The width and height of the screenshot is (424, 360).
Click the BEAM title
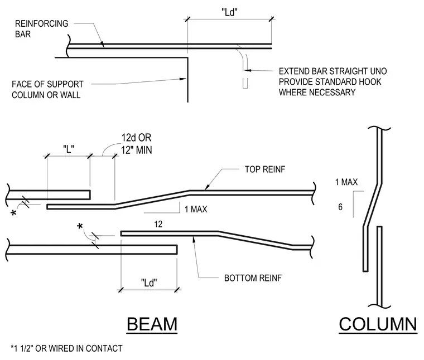click(152, 324)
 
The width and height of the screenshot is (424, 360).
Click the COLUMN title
click(378, 324)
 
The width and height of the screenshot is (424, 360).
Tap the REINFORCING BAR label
click(42, 29)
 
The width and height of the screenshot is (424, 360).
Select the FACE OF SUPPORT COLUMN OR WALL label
click(47, 89)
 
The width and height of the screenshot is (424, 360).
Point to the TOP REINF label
click(265, 169)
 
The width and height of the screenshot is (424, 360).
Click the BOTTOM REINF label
click(253, 278)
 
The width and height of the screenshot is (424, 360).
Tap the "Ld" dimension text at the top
click(230, 12)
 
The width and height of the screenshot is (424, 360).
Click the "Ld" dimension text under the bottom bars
click(149, 283)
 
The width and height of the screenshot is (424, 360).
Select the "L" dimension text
click(69, 149)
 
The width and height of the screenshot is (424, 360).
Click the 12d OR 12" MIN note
click(136, 144)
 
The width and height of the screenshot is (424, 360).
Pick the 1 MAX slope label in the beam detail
click(196, 210)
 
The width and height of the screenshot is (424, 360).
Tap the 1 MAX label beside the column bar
click(346, 182)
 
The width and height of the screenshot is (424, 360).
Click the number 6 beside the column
click(340, 207)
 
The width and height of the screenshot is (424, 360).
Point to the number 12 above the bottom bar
click(158, 224)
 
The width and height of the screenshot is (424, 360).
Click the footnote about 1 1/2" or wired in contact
click(66, 348)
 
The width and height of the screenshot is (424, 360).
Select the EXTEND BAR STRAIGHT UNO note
click(333, 82)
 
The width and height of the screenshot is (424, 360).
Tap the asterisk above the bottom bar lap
click(80, 226)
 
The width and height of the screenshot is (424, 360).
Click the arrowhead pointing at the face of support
click(184, 79)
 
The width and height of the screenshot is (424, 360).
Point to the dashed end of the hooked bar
click(245, 83)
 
